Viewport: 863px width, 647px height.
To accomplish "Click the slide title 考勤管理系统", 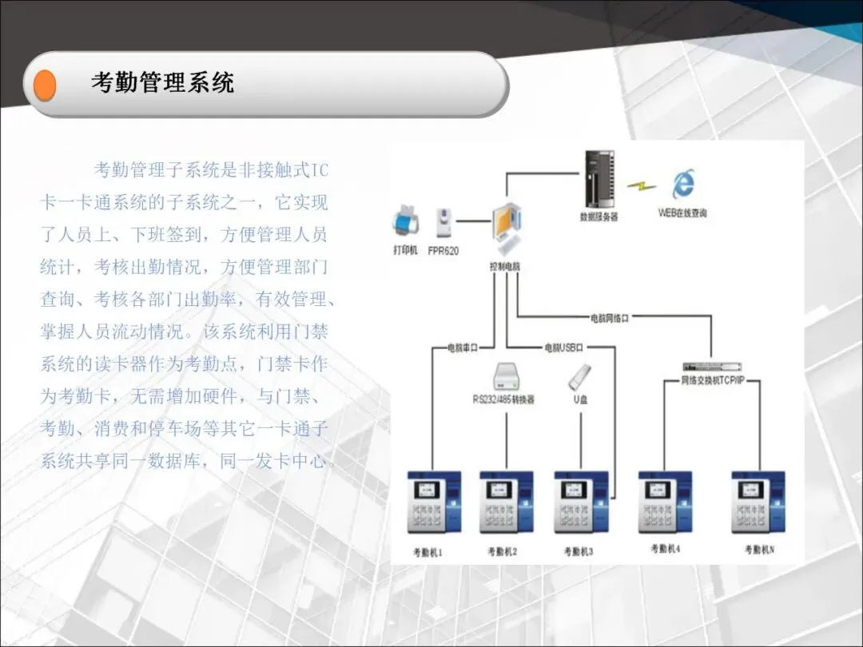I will [162, 83].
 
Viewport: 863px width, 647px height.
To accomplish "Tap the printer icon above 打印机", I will [406, 220].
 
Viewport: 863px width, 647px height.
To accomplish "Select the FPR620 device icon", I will [443, 223].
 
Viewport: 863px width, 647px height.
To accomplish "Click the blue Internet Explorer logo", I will [682, 185].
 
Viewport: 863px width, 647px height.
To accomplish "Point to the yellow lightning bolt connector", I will [640, 185].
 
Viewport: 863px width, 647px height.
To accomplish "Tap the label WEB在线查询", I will [682, 213].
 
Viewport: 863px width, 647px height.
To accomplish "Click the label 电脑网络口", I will [610, 318].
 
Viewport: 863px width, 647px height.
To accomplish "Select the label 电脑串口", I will [462, 347].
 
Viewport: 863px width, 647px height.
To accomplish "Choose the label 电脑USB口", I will [564, 347].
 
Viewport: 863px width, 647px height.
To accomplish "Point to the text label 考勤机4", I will [665, 549].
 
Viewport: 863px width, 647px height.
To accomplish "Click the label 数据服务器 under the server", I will [599, 216].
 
